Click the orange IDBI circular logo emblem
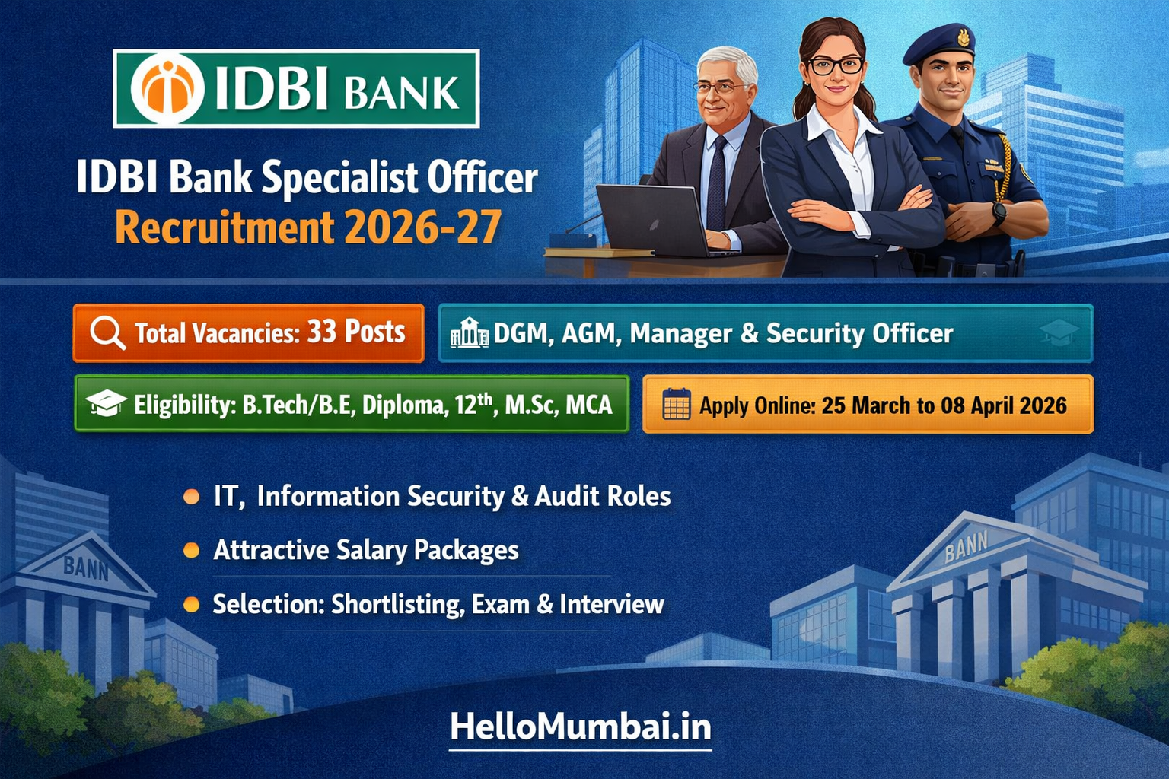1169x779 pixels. pos(167,88)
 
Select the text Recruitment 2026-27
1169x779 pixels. pos(308,227)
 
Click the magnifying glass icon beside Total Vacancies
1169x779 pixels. pos(107,333)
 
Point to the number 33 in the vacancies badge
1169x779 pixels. pos(321,332)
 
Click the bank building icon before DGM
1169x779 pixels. pos(470,333)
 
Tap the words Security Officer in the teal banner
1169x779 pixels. pos(859,333)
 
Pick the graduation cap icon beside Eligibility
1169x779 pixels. pos(106,404)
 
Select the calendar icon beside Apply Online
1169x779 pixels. pos(677,404)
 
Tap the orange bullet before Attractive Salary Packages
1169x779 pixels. pos(192,550)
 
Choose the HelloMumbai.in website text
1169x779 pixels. pos(580,727)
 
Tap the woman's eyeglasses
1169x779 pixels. pos(835,66)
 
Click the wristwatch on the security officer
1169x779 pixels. pos(999,213)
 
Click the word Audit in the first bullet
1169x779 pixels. pos(566,496)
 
